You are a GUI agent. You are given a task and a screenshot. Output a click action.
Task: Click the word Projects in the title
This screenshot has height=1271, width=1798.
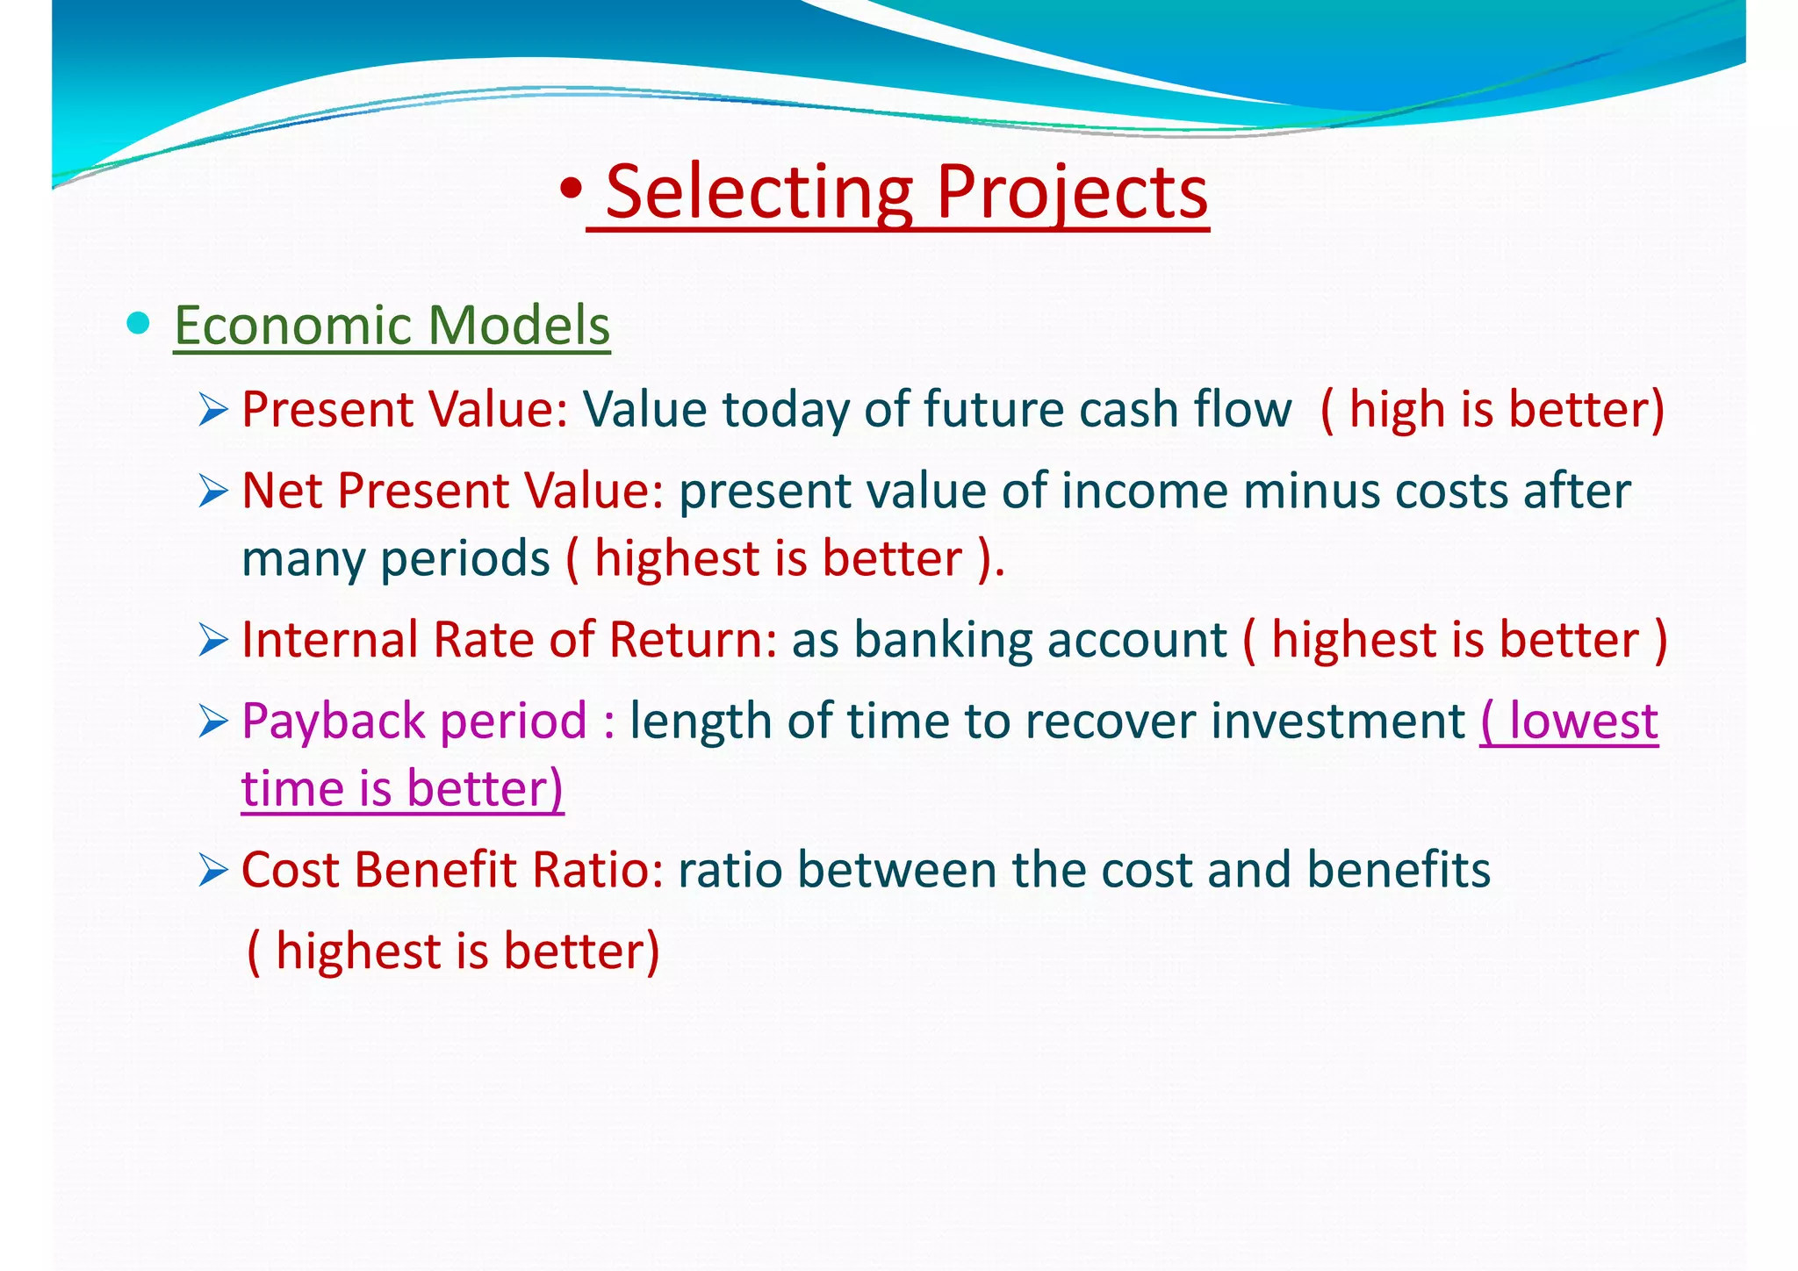[1072, 192]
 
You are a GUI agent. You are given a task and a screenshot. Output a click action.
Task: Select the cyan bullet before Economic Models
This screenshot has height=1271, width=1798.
[138, 323]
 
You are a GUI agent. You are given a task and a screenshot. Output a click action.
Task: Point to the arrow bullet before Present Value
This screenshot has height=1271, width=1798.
[213, 409]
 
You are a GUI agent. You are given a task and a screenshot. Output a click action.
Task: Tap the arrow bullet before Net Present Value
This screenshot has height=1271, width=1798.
[213, 491]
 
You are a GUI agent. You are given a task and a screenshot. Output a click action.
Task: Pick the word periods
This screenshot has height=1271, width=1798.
[465, 559]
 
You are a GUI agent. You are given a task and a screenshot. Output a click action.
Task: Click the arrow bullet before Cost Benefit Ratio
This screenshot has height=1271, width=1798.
[213, 870]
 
